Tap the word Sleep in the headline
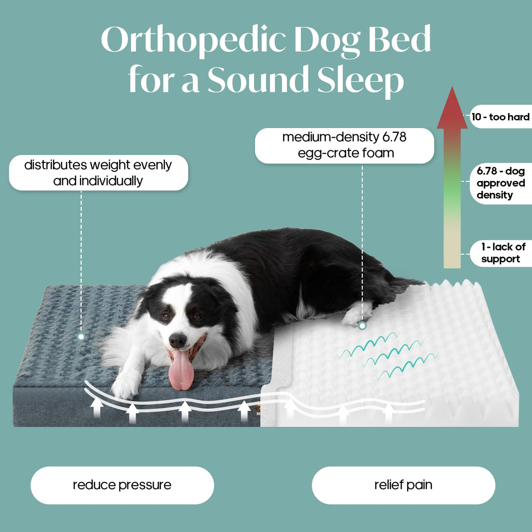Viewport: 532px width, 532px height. (x=360, y=81)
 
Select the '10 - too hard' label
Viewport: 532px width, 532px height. (x=501, y=117)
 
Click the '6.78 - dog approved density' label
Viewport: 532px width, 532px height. (x=501, y=183)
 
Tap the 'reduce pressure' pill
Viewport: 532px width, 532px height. (x=122, y=485)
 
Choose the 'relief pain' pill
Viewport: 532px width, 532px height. (x=403, y=485)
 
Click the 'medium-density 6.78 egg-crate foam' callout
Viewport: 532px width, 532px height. (x=344, y=145)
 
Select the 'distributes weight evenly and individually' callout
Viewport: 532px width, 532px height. (x=98, y=173)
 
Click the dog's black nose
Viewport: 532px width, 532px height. (x=177, y=340)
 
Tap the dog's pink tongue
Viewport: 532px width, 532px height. (x=181, y=369)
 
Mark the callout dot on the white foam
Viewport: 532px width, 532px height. (x=362, y=326)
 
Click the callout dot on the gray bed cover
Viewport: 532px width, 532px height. (x=81, y=336)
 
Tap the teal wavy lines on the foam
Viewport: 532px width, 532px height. (x=387, y=354)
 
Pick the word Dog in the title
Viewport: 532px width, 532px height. (x=328, y=41)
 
